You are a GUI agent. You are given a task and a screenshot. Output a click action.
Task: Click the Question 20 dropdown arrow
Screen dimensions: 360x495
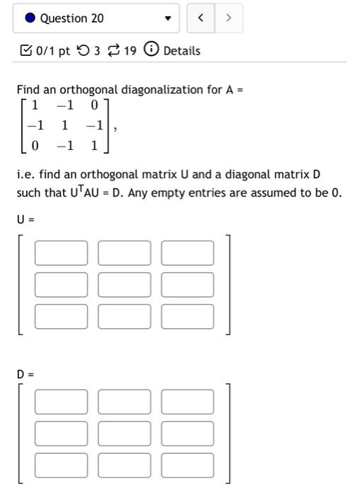point(168,19)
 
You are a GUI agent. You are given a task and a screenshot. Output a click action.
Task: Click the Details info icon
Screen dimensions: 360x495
point(151,50)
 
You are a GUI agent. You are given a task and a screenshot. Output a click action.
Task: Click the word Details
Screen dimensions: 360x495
point(182,51)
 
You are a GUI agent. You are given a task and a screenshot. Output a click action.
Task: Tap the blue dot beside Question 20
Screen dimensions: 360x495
point(30,18)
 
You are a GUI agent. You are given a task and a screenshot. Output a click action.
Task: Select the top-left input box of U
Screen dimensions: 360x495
point(62,253)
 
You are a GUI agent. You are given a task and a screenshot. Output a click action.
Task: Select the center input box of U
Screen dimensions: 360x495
point(124,285)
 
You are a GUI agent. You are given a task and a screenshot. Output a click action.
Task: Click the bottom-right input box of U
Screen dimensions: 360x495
point(187,316)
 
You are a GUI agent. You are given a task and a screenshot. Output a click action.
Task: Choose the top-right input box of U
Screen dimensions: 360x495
point(187,253)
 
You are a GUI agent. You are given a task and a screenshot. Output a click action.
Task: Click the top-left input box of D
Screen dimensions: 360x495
point(62,402)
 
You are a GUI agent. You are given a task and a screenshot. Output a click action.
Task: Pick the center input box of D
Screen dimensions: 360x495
point(124,433)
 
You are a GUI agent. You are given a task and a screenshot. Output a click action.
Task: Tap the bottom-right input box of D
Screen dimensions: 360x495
point(187,465)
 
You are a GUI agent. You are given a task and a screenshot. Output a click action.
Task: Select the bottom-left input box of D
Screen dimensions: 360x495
point(62,465)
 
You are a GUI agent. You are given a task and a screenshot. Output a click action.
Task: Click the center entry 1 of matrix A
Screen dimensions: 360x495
point(64,126)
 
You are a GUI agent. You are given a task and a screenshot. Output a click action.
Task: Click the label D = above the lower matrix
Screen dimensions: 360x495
point(26,373)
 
